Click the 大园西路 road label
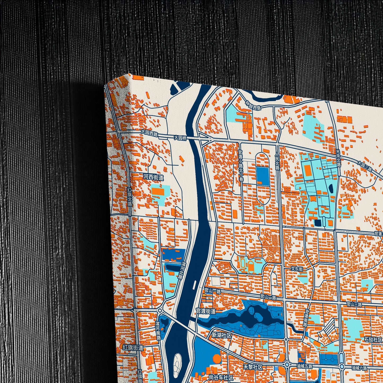(149, 133)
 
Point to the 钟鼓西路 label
(253, 105)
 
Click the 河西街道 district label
(153, 177)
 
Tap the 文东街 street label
(297, 269)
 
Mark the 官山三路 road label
(354, 304)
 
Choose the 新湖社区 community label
(222, 335)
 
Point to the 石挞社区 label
(373, 340)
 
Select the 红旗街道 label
(133, 347)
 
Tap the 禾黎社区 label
(253, 367)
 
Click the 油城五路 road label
(304, 366)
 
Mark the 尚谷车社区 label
(221, 377)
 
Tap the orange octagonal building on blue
(217, 359)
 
